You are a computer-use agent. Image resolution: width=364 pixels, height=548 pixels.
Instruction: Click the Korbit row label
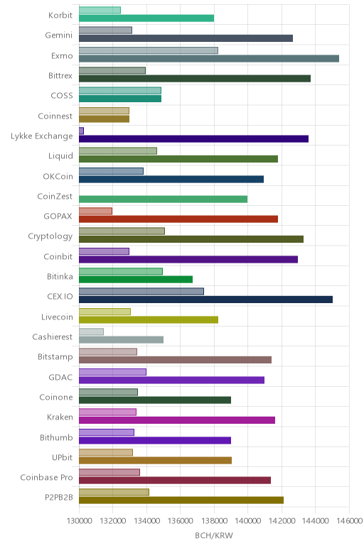click(60, 15)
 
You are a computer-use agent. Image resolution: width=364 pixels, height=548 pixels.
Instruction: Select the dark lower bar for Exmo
click(209, 58)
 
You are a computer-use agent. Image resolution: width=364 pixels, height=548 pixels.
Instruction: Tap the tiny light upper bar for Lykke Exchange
click(81, 131)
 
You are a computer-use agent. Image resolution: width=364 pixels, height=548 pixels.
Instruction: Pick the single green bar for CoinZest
click(163, 199)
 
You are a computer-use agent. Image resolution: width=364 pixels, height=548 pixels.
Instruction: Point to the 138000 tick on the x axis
click(214, 521)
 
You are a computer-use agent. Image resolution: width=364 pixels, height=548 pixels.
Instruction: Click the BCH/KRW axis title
click(214, 535)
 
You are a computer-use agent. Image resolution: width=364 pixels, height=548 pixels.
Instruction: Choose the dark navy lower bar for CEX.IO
click(205, 300)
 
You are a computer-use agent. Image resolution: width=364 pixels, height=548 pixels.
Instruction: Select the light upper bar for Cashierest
click(91, 331)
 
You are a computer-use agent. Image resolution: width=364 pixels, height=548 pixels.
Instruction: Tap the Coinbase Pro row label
click(46, 478)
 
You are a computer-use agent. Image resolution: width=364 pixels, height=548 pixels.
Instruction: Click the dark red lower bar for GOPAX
click(178, 219)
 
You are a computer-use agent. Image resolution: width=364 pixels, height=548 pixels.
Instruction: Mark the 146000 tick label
click(349, 521)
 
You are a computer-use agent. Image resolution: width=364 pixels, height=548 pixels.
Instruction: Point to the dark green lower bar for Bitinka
click(136, 279)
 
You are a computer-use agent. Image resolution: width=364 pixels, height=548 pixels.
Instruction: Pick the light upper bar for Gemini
click(105, 30)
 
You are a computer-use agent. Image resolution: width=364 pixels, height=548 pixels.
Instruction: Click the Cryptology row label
click(50, 236)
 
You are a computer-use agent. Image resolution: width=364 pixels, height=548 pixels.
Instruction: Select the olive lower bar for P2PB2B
click(181, 500)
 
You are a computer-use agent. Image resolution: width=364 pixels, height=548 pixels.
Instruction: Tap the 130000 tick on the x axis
click(79, 521)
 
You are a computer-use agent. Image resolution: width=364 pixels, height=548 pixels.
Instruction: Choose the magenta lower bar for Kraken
click(177, 420)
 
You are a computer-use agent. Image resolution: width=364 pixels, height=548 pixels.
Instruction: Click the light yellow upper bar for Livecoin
click(105, 312)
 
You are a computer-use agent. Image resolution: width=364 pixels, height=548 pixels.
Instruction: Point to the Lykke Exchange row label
click(42, 136)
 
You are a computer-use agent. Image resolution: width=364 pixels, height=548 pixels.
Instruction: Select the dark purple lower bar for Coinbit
click(188, 259)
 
